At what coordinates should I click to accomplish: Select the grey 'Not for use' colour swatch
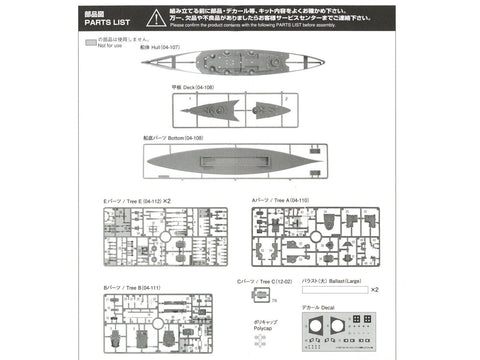coord(91,43)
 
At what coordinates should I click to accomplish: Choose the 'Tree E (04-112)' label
coord(130,201)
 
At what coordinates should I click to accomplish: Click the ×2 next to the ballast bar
coord(374,291)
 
